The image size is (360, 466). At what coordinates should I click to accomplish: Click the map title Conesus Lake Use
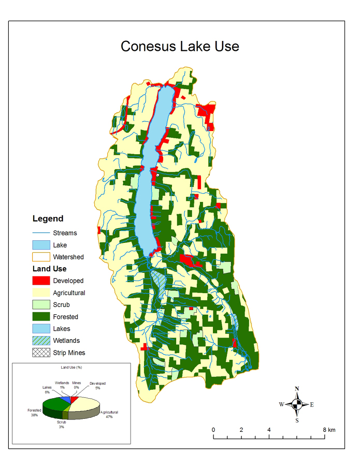tap(180, 46)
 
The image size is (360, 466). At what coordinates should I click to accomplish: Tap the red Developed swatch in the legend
tap(41, 281)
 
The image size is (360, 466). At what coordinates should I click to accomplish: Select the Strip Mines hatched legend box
tap(41, 353)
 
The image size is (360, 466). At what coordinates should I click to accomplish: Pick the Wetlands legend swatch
tap(41, 341)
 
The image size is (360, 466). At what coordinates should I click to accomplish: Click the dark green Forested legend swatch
tap(41, 316)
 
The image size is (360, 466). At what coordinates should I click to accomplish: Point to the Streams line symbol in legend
tap(41, 233)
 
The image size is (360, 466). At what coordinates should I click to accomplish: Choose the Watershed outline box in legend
tap(41, 257)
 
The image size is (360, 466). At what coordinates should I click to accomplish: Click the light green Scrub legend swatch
tap(41, 304)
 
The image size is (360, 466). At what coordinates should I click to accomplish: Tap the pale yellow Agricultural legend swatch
tap(41, 293)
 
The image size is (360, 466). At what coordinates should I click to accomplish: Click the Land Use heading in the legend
tap(49, 269)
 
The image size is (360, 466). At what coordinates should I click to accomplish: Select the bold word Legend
tap(48, 219)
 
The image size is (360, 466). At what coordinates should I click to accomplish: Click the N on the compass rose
tap(297, 388)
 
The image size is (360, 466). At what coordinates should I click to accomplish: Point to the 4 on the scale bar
tap(269, 430)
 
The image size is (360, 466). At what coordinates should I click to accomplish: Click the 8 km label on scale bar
tap(328, 430)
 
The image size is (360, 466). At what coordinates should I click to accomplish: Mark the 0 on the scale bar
tap(213, 430)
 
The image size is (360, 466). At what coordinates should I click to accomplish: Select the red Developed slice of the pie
tap(75, 400)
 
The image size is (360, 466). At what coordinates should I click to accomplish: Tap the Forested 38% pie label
tap(34, 412)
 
